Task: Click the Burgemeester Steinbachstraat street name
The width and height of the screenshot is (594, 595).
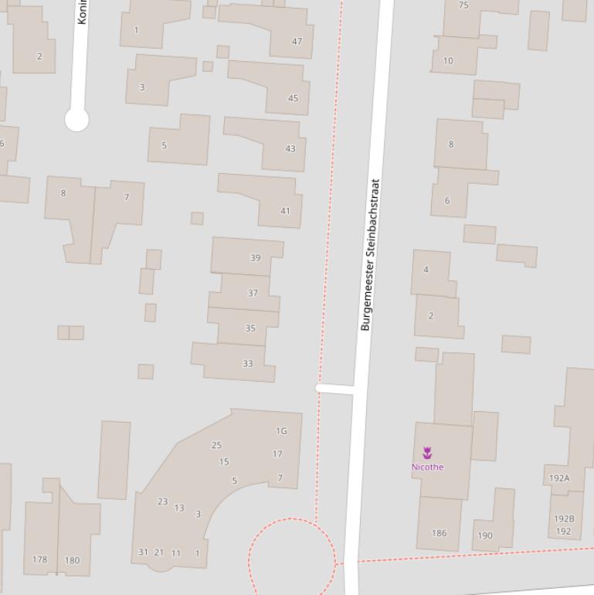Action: tap(370, 255)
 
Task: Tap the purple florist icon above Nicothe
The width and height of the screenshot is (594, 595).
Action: tap(427, 453)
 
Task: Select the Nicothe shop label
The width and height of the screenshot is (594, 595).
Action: tap(427, 467)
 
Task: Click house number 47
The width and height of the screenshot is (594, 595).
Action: tap(297, 42)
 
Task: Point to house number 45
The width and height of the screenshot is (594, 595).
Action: tap(293, 98)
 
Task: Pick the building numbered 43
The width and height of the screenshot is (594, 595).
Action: tap(290, 148)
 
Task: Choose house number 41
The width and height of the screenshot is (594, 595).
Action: tap(285, 211)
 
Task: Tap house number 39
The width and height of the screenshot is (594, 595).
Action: tap(256, 258)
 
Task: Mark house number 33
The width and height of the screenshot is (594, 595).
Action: tap(247, 363)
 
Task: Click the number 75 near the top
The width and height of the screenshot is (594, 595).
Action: tap(463, 5)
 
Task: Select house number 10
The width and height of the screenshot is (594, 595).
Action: tap(448, 61)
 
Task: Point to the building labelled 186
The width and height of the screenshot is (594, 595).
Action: tap(439, 533)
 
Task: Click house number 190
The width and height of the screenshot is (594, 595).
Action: tap(485, 535)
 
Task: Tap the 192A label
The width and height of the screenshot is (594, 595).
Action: tap(559, 478)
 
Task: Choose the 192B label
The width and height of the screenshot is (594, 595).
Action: tap(564, 518)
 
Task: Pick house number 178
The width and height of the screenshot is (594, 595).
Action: tap(40, 559)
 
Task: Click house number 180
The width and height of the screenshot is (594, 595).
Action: tap(72, 560)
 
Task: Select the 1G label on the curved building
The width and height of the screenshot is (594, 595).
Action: tap(281, 431)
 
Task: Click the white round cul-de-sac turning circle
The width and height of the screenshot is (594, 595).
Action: tap(76, 120)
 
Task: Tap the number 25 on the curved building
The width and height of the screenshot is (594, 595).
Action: tap(216, 445)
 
